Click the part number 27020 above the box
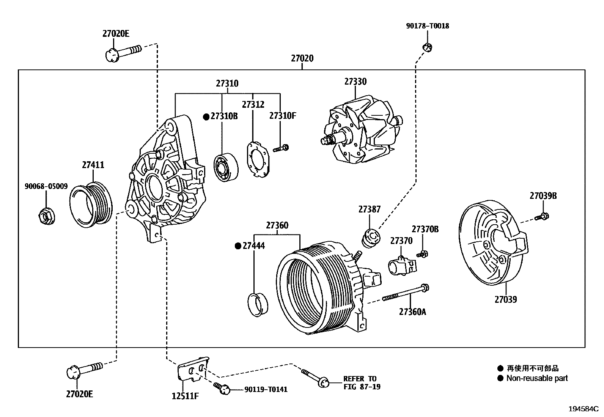coord(302,58)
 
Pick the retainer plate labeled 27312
coord(258,159)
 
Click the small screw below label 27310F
coord(281,148)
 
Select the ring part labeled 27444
coord(257,304)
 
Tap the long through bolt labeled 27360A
coord(406,293)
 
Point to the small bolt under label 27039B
coord(542,217)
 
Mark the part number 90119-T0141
coord(266,389)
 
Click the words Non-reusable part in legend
coord(537,378)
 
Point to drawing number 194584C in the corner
coord(583,409)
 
